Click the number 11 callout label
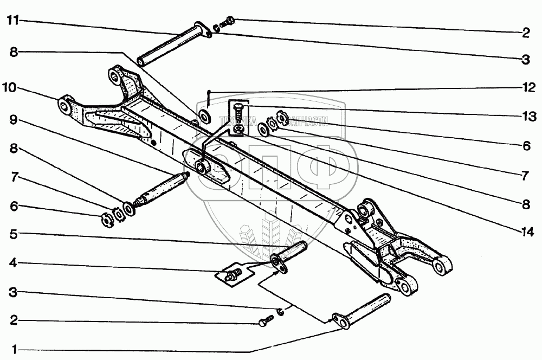13,21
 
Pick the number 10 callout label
13,87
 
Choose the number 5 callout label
13,235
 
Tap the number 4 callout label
13,264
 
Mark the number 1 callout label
13,349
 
